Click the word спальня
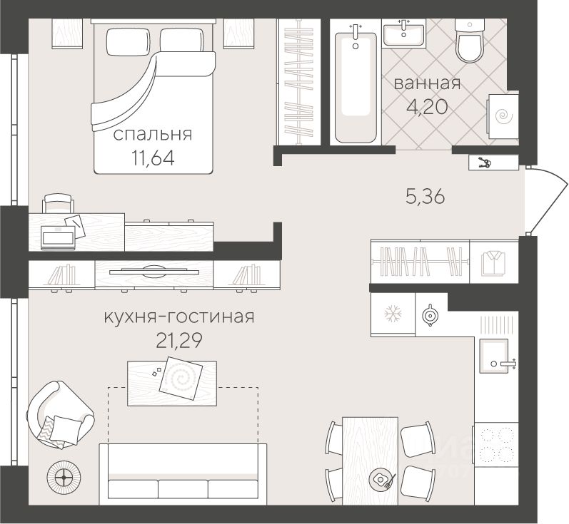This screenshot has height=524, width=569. click(153, 135)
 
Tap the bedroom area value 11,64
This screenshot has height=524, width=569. click(153, 158)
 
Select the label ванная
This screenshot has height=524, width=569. click(427, 83)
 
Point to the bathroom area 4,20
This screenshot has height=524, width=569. click(427, 106)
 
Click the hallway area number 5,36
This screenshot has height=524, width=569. click(426, 197)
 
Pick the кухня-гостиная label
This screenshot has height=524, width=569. click(179, 317)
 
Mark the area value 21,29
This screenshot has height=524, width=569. click(179, 340)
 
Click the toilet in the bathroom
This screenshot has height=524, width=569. click(470, 41)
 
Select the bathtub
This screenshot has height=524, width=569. click(356, 87)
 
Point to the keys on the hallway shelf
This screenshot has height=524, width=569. click(484, 163)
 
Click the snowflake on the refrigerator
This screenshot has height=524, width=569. click(393, 314)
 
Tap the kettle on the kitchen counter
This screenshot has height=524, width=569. click(430, 315)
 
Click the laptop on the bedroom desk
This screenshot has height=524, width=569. click(59, 237)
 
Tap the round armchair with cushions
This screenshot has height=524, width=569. click(61, 414)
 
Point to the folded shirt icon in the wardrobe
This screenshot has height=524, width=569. click(493, 263)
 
